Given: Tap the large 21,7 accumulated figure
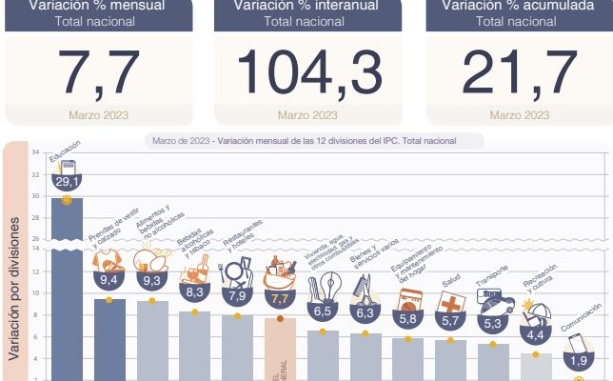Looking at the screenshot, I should point(520,71).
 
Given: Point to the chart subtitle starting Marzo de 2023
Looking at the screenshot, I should point(304,141).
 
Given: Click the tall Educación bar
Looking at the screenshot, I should point(66,286).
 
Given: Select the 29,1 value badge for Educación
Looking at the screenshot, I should point(66,181).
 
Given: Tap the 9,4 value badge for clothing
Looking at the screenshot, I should point(109,280).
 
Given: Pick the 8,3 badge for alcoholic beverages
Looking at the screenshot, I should point(194,293).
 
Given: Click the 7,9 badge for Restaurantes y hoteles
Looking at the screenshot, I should point(237,296).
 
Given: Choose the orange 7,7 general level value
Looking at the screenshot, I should point(280,298).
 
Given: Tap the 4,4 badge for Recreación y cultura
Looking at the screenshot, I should point(536,335).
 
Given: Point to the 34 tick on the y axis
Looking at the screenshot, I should point(35,152).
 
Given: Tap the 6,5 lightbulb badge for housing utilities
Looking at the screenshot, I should point(323,311).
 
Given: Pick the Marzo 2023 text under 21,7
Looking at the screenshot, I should point(519,115).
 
